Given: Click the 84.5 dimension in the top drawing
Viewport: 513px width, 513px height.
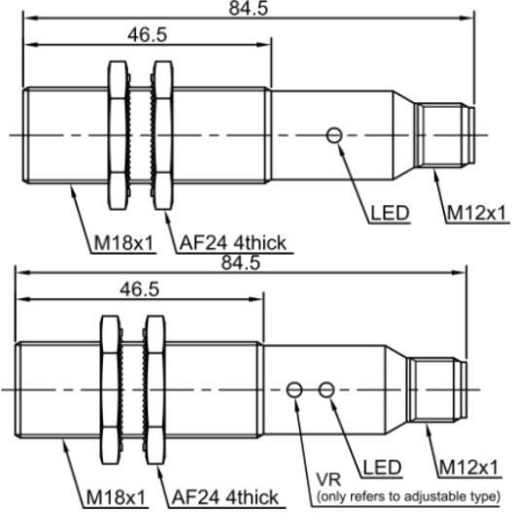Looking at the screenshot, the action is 249,8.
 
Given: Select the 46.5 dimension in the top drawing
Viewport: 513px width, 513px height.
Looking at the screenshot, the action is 148,35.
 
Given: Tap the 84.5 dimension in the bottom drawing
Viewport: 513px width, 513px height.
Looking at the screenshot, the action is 241,262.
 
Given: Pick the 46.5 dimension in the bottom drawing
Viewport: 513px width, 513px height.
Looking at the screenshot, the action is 139,290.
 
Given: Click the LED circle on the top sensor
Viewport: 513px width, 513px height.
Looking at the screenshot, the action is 334,135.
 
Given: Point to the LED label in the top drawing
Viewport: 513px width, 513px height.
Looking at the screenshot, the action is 390,213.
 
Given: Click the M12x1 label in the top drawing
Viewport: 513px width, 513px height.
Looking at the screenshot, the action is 476,213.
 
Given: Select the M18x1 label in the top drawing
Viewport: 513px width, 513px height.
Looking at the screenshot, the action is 124,243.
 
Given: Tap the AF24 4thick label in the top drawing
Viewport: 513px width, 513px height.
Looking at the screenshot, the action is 233,243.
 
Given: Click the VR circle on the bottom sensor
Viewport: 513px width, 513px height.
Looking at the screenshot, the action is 294,390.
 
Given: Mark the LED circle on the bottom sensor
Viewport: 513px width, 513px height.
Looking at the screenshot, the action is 326,390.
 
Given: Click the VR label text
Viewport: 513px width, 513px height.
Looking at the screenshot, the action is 328,479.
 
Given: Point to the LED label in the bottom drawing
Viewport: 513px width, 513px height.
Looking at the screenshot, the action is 382,467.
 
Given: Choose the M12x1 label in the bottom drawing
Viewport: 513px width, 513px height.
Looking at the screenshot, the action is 468,467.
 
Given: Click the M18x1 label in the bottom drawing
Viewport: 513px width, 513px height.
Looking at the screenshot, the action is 116,498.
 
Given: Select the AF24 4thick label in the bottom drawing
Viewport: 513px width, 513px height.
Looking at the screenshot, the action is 225,498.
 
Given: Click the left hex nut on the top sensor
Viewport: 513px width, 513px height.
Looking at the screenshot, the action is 118,135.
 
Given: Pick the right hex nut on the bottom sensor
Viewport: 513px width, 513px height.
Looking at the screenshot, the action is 155,390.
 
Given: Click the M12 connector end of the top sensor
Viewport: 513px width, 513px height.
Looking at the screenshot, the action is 444,135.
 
